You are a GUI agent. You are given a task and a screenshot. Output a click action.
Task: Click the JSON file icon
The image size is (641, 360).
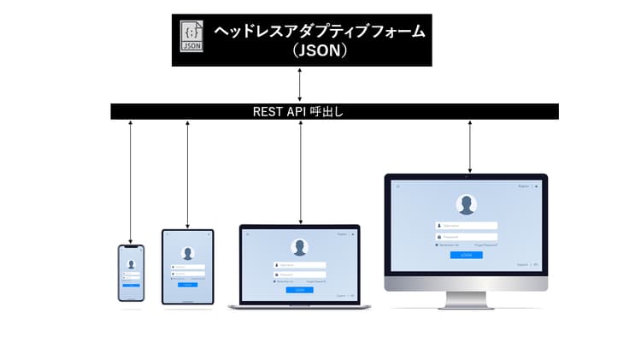click(x=192, y=38)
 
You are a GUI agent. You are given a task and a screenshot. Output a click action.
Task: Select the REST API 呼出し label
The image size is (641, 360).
click(x=298, y=111)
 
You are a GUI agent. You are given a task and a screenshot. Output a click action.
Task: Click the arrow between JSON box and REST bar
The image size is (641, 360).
click(x=300, y=85)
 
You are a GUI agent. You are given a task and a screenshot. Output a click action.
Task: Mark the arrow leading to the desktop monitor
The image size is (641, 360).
click(x=469, y=145)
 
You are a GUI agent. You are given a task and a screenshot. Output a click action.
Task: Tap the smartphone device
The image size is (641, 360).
click(x=131, y=273)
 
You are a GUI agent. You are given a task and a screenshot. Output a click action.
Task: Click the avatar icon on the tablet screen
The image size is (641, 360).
click(x=188, y=253)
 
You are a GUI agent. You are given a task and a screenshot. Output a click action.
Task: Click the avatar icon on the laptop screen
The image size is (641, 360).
click(x=299, y=247)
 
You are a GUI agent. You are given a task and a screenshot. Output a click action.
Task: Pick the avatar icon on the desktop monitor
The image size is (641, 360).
click(x=467, y=204)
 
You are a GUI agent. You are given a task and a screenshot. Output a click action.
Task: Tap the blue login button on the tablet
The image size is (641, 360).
click(x=188, y=284)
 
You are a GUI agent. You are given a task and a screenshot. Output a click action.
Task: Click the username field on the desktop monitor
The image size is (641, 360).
click(x=467, y=226)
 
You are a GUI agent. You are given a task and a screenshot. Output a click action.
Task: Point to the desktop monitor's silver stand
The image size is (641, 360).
click(x=466, y=299)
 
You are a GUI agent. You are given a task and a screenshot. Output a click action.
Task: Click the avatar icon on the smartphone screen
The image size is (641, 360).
click(x=131, y=264)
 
